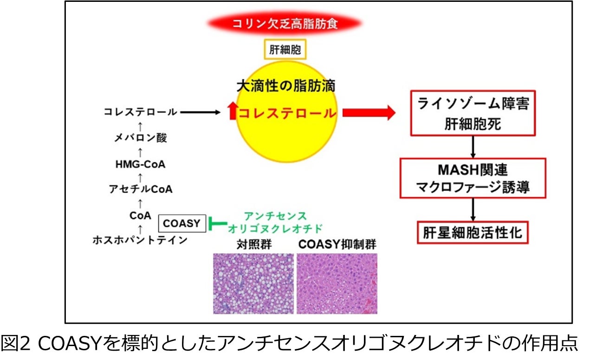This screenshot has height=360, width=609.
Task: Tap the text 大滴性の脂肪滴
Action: click(x=285, y=86)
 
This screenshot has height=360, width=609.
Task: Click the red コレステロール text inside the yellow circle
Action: click(x=287, y=113)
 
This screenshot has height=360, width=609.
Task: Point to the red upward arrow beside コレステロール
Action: click(x=232, y=112)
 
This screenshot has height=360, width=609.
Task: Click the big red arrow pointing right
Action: click(x=369, y=113)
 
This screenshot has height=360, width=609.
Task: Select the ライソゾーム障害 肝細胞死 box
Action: click(x=473, y=113)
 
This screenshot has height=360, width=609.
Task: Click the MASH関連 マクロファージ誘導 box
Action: click(x=473, y=178)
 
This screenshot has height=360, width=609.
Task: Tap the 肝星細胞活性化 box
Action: click(x=473, y=232)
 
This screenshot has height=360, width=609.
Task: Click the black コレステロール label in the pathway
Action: click(x=140, y=112)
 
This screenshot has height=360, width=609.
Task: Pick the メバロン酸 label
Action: click(x=141, y=138)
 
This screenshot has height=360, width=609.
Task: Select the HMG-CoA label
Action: click(x=141, y=164)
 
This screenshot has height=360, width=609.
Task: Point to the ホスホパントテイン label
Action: click(x=140, y=240)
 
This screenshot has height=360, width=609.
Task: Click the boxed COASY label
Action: click(x=181, y=224)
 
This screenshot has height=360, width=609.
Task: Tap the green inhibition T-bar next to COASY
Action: click(x=215, y=224)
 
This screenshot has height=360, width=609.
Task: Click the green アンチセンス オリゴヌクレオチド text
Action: click(x=275, y=222)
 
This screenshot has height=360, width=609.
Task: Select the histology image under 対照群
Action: click(x=253, y=283)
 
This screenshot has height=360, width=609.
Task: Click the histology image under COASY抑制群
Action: click(x=337, y=283)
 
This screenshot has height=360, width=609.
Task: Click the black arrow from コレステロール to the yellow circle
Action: click(x=200, y=112)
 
